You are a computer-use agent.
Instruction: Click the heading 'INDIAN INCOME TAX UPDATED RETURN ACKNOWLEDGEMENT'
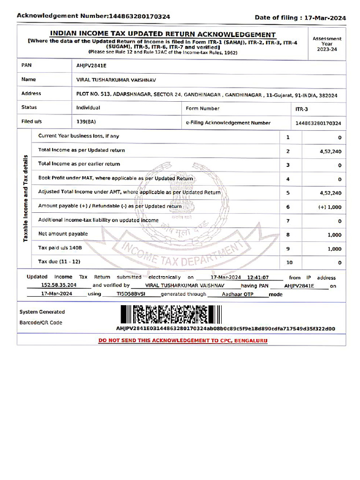(x=163, y=34)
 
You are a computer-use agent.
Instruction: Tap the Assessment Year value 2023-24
(x=327, y=49)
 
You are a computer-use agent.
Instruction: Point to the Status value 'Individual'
(x=88, y=108)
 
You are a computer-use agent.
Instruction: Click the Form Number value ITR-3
(x=301, y=109)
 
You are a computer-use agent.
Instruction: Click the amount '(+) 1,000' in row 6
(x=330, y=207)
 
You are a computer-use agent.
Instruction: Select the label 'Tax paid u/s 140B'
(x=60, y=247)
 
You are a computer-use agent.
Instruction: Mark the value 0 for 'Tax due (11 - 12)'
(x=339, y=263)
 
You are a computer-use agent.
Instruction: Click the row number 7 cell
(x=288, y=221)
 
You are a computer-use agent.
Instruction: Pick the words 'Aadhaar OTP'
(x=238, y=294)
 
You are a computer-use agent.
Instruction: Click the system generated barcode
(x=171, y=315)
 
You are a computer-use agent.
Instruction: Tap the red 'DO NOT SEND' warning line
(x=182, y=340)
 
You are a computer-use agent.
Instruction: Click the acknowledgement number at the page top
(x=139, y=16)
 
